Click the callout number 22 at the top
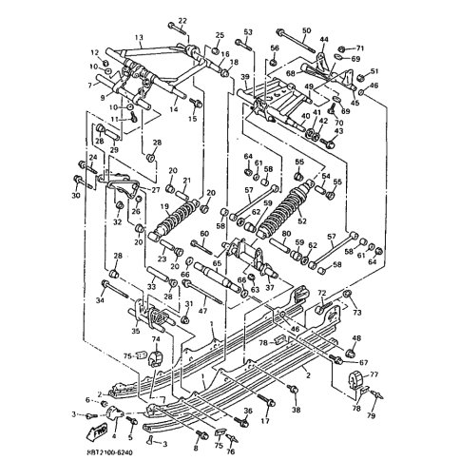(x=183, y=20)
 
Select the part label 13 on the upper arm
(x=139, y=39)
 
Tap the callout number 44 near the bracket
(x=324, y=39)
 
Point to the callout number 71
(x=359, y=47)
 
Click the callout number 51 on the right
(x=374, y=71)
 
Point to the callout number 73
(x=358, y=311)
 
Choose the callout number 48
(x=356, y=339)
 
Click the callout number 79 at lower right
(x=372, y=415)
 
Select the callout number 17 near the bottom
(x=266, y=419)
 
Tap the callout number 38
(x=296, y=410)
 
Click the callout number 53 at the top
(x=247, y=32)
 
